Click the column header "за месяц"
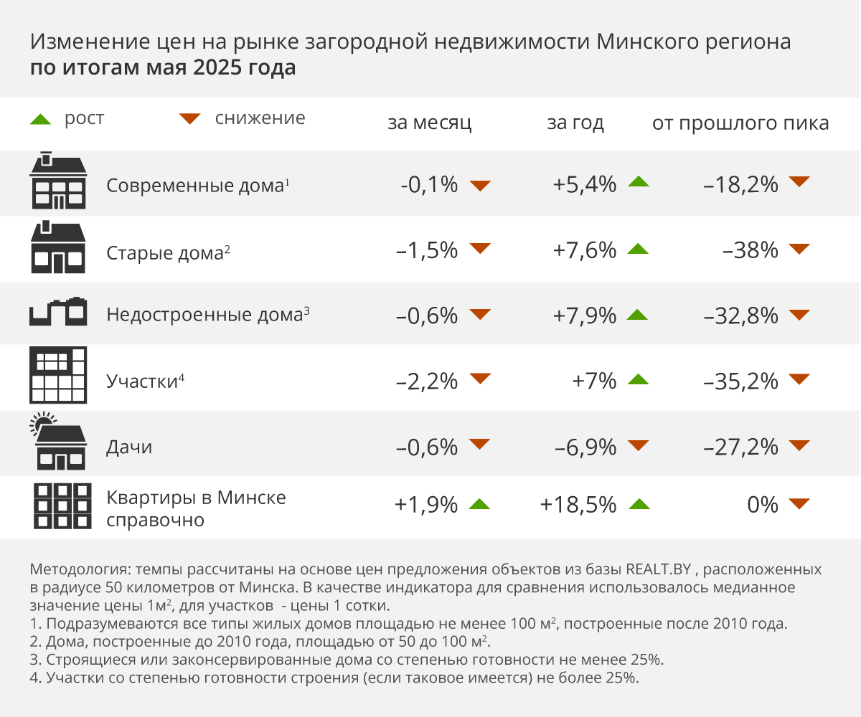point(429,123)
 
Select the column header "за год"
point(575,123)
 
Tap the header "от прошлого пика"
point(740,123)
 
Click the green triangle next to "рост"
point(40,118)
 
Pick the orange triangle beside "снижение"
point(190,118)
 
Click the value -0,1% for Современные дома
point(429,185)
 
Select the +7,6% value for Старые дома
point(584,250)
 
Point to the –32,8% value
point(741,315)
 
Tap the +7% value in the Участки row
point(594,381)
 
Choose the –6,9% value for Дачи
point(585,447)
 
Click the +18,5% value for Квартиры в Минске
point(578,505)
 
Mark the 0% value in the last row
point(762,505)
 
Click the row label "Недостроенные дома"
point(203,315)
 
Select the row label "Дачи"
point(129,447)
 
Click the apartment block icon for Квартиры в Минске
point(62,506)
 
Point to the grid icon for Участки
point(58,376)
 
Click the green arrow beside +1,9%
point(479,504)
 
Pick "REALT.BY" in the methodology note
point(658,571)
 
